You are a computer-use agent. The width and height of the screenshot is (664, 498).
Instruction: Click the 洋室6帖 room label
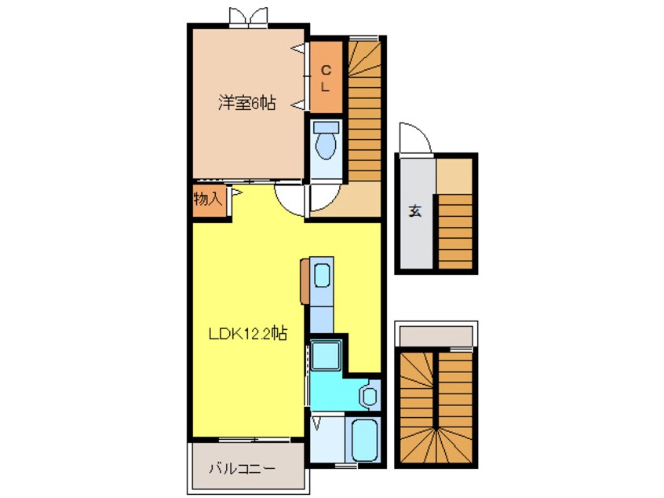[246, 103]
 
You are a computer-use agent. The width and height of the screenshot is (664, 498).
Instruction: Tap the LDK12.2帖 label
[246, 333]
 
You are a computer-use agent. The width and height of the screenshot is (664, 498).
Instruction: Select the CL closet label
[326, 79]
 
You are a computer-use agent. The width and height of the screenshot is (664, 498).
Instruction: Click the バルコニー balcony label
[242, 469]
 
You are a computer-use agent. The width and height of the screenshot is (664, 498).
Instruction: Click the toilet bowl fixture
[325, 145]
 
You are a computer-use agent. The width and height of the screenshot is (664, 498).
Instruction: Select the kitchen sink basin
[322, 276]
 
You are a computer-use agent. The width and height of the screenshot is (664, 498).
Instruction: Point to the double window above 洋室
[246, 16]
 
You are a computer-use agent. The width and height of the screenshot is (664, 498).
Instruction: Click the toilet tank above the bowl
[325, 126]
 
